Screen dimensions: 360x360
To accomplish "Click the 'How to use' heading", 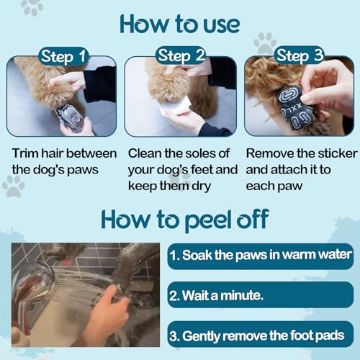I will pos(179,24).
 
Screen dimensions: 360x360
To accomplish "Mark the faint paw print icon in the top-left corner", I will pos(32,8).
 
